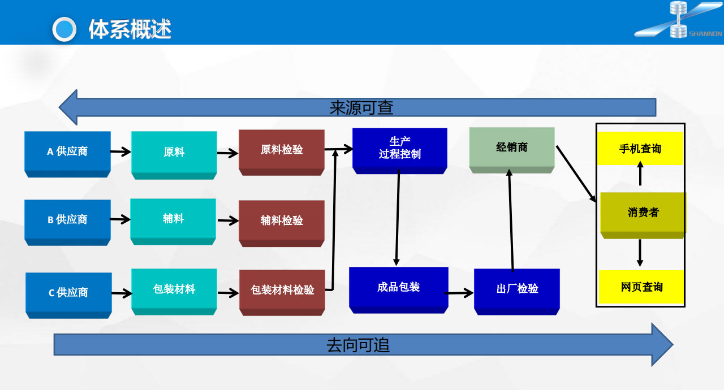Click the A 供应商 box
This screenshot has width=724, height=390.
point(67,151)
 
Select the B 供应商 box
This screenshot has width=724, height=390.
point(67,219)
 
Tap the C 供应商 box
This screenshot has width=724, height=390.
point(68,292)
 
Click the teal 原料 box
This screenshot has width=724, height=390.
point(174,152)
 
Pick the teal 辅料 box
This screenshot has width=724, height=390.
point(173,219)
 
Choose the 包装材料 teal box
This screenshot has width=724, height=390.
point(174,289)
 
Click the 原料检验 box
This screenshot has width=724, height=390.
point(282,150)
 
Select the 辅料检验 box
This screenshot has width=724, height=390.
point(282,220)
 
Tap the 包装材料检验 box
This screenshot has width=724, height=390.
point(282,290)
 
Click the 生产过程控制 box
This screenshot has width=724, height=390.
point(399,148)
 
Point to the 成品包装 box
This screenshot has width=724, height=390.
point(399,287)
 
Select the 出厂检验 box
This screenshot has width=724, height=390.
point(517,289)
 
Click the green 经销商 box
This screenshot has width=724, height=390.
point(512,148)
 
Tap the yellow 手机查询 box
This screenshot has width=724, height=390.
point(640,149)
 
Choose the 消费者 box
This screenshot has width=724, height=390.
point(643,213)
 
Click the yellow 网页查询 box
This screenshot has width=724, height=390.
point(641,287)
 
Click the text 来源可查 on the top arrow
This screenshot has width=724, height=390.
point(361,107)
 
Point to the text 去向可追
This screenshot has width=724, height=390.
point(358,345)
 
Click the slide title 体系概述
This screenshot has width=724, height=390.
point(130,29)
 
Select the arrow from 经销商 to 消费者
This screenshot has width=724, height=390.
point(576,174)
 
